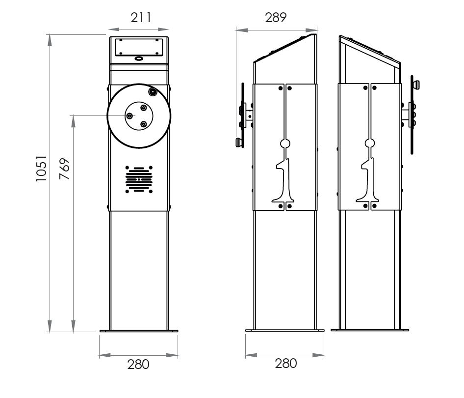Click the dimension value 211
(x=141, y=18)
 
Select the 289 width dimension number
(x=276, y=18)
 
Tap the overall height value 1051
(x=42, y=169)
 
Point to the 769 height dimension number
(x=65, y=169)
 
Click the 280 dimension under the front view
(x=138, y=365)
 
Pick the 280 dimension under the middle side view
(x=285, y=364)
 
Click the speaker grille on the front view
(x=139, y=179)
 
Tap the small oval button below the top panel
(x=139, y=58)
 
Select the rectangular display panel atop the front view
(x=139, y=47)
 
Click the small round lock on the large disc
(x=153, y=91)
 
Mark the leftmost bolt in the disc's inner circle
(x=129, y=116)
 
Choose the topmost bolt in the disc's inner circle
(x=143, y=108)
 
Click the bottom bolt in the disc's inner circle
(x=143, y=124)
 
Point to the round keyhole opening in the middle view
(x=285, y=143)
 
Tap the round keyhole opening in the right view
(x=370, y=143)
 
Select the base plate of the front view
(x=139, y=331)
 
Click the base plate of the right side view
(x=370, y=330)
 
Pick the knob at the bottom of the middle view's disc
(x=239, y=143)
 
